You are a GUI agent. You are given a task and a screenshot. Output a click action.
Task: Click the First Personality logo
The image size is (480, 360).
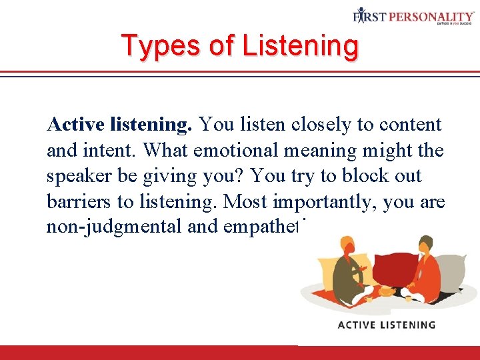point(413,17)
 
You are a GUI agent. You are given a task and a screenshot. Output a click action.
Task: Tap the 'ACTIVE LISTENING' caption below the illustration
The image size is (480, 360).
point(387,325)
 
